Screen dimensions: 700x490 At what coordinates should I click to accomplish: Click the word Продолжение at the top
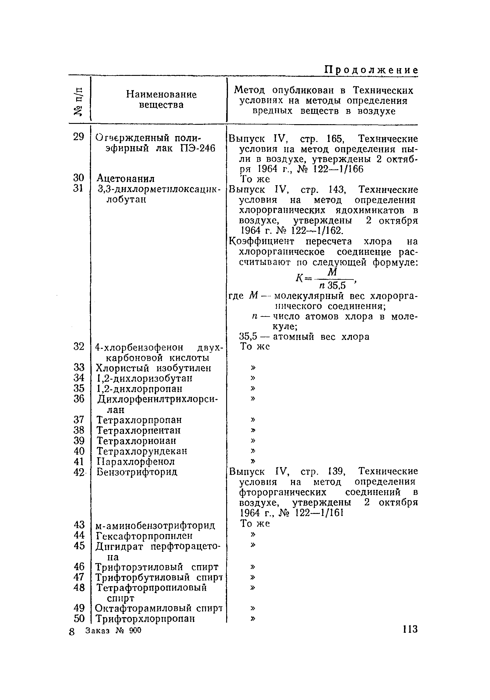point(371,70)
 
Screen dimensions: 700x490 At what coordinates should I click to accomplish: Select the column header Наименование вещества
point(161,100)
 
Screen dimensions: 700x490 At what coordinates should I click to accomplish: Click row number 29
point(78,137)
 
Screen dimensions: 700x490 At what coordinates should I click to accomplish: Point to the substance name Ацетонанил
point(126,178)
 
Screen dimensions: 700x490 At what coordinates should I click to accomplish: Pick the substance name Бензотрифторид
point(137,472)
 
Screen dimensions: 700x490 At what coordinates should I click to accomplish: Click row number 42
point(79,472)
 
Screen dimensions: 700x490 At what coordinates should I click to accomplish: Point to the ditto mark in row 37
point(253,420)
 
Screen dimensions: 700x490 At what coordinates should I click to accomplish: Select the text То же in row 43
point(255,524)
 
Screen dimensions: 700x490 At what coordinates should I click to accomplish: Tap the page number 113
point(409,629)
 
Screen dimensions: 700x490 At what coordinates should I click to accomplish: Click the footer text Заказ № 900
point(114,630)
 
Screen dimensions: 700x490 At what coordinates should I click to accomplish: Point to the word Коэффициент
point(262,242)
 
